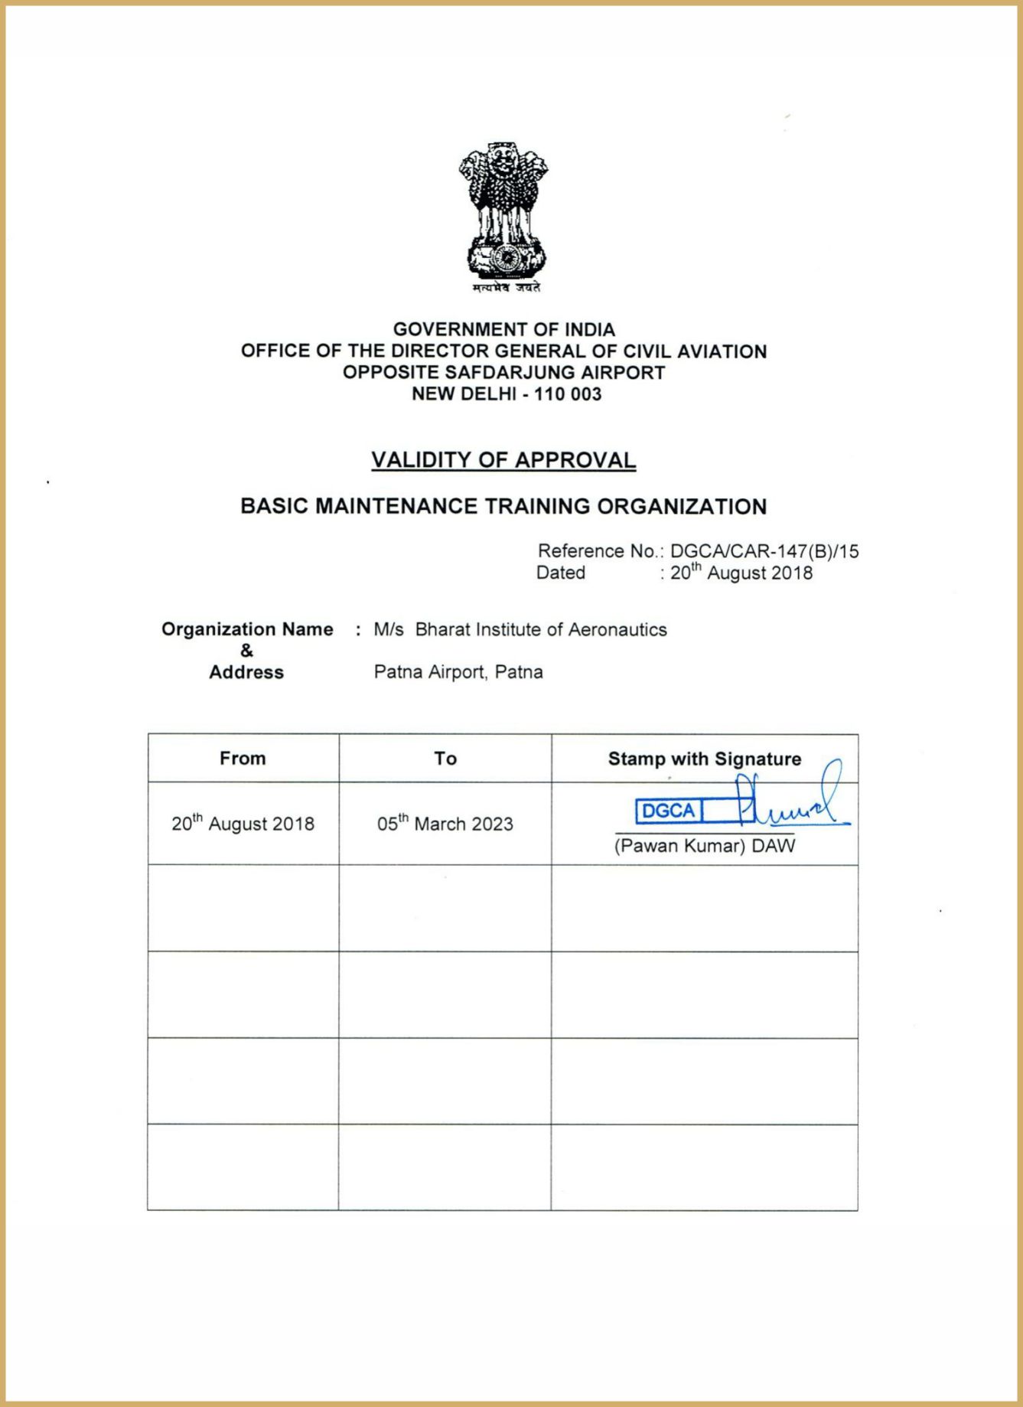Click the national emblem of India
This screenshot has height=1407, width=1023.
click(x=503, y=211)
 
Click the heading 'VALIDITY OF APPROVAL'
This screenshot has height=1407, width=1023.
click(x=503, y=460)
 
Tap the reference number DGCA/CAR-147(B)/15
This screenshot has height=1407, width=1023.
click(x=764, y=551)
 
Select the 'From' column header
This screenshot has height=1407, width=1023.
click(x=243, y=759)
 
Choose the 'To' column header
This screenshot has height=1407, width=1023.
click(x=445, y=759)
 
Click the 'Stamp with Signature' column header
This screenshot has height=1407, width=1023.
click(x=705, y=759)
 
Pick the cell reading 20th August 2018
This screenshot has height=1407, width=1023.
click(x=243, y=824)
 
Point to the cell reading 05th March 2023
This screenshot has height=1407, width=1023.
click(x=445, y=824)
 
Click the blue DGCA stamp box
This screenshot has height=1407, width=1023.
click(x=668, y=811)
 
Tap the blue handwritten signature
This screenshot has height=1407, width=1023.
click(x=788, y=804)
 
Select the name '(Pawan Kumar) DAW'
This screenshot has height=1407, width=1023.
click(x=705, y=846)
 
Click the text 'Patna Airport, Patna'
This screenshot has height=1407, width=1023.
click(x=458, y=672)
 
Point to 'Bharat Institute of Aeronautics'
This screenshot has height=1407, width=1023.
click(x=541, y=630)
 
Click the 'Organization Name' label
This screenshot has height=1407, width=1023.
click(x=247, y=629)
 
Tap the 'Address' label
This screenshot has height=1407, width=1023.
click(x=246, y=672)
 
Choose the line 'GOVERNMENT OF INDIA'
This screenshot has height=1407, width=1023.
click(x=503, y=330)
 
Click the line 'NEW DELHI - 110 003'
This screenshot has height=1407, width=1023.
click(x=507, y=394)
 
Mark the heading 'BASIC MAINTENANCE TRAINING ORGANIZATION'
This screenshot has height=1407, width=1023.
click(x=503, y=507)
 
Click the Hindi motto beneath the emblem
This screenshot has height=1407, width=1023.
click(x=506, y=288)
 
